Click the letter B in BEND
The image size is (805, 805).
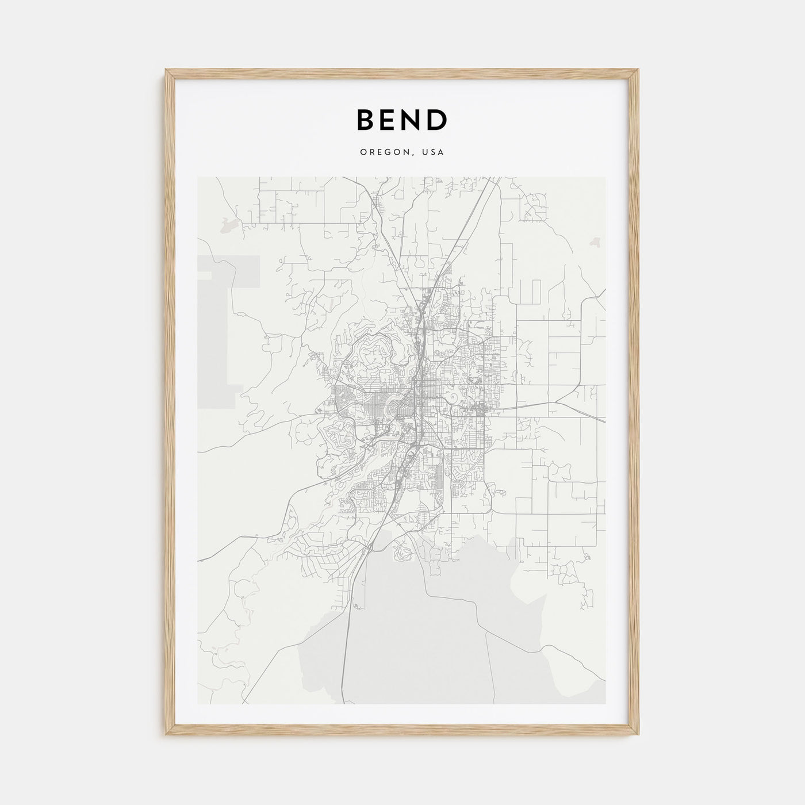tap(367, 120)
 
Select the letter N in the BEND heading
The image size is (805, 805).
tap(414, 120)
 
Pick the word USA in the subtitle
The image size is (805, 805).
tap(433, 152)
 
